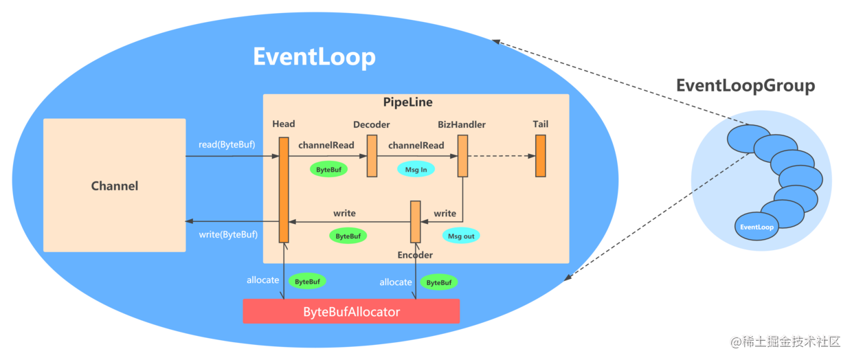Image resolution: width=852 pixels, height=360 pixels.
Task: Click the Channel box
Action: pos(115,185)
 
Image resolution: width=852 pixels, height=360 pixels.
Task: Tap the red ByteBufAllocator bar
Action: pos(351,311)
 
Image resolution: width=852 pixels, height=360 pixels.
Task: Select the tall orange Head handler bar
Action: pos(284,190)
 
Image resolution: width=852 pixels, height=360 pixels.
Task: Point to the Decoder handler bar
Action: pos(372,156)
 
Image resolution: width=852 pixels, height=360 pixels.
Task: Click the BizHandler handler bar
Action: pos(462,156)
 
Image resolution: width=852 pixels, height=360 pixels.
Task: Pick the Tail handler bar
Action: pos(541,156)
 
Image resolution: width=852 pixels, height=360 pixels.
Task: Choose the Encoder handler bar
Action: pos(415,222)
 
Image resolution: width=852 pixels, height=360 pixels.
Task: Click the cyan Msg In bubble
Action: pos(416,170)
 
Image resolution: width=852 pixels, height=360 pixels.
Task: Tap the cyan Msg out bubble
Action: pos(461,236)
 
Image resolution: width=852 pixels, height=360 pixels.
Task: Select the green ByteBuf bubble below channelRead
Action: pos(328,170)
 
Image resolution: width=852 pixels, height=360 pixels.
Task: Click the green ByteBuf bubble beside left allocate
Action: pos(307,282)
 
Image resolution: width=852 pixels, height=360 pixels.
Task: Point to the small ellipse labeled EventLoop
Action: pos(756,227)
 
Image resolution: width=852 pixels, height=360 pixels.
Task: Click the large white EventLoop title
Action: pos(314,57)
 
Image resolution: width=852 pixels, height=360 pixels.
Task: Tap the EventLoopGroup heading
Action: pos(745,85)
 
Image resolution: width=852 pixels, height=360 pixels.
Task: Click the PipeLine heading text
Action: pos(407,102)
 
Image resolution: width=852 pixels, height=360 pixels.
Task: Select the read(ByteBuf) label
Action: pos(227,144)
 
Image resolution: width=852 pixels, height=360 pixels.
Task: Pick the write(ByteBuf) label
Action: pos(228,234)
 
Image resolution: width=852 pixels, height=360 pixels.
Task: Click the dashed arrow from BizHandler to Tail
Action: pos(502,156)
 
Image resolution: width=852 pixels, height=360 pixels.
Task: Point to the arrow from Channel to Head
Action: pos(232,156)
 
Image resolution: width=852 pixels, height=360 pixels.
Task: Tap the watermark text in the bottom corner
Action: pos(785,341)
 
